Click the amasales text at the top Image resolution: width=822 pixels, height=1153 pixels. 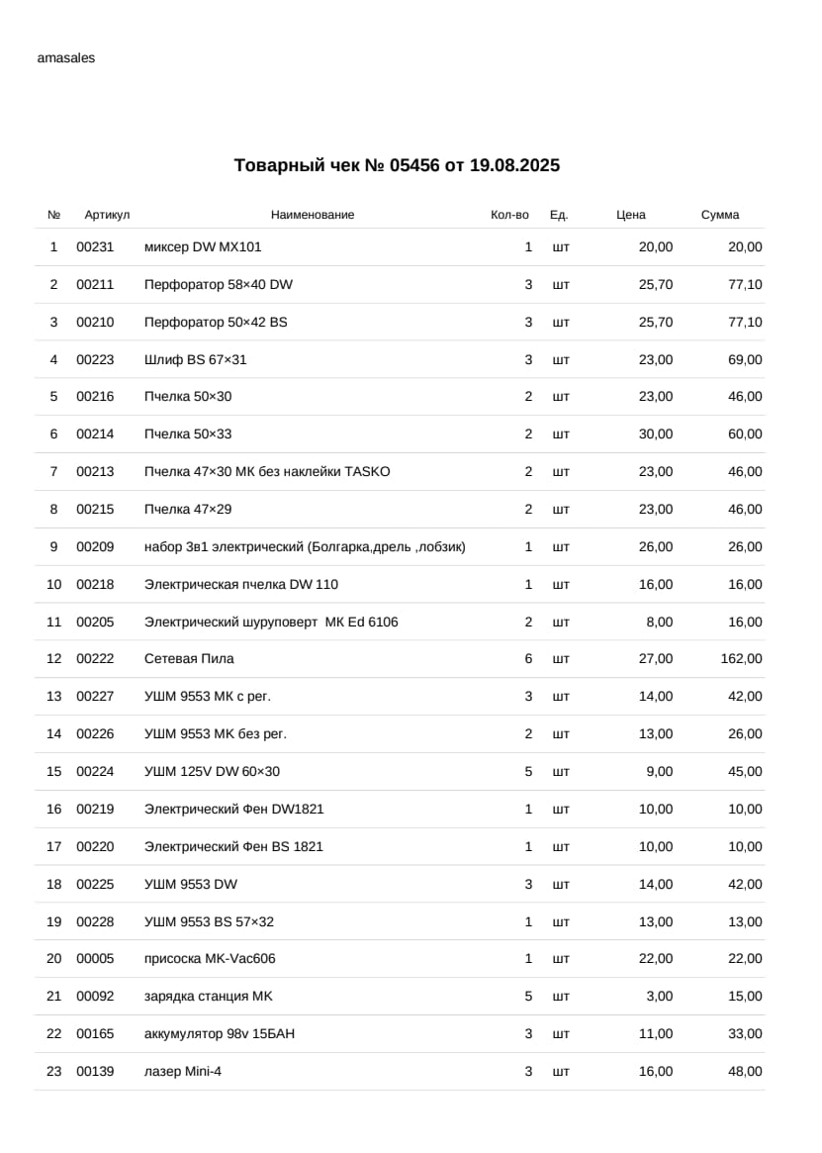pos(66,57)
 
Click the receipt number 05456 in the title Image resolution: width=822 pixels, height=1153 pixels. pos(413,165)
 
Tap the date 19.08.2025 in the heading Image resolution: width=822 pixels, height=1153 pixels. pos(514,165)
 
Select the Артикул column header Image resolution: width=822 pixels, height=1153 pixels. pos(107,215)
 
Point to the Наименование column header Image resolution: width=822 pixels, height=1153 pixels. pos(313,215)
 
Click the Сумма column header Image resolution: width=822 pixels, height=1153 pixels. pos(720,215)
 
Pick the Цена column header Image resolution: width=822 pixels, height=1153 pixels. pos(631,215)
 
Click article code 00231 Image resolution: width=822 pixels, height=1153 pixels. pos(95,246)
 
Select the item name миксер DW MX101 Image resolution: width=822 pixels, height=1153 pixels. pos(203,246)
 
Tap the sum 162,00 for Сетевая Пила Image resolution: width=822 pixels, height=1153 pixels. pos(741,658)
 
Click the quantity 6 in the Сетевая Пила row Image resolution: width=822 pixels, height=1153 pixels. pos(528,658)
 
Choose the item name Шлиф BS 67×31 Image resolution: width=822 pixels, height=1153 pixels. pos(196,359)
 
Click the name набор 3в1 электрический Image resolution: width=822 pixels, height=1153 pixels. pos(305,546)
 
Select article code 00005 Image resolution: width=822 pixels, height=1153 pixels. pos(95,958)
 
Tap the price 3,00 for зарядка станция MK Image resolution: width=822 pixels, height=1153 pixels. pos(659,996)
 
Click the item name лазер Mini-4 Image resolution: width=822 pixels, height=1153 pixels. pos(183,1071)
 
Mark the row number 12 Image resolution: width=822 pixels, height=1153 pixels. pos(54,658)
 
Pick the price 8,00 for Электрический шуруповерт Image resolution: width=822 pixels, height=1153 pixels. pos(659,622)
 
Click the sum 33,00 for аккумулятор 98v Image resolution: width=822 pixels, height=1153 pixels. pos(745,1033)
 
